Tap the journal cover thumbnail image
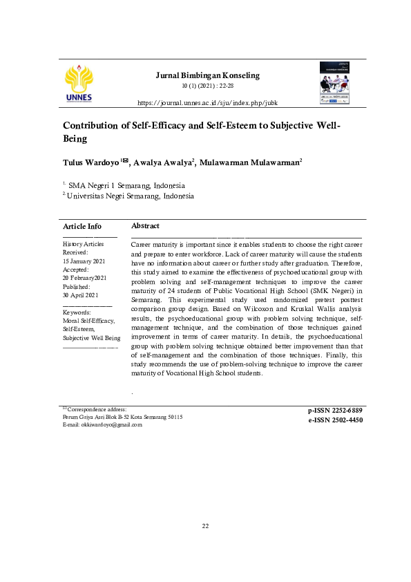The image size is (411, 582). coord(335,83)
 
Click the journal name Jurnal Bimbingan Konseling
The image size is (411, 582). coord(207,75)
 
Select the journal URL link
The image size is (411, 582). coord(207,103)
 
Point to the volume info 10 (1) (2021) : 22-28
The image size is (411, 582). coord(207,86)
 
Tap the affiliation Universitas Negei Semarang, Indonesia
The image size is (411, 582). coord(130,196)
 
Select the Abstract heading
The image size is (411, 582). coord(145,226)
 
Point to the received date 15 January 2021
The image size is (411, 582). coord(84,261)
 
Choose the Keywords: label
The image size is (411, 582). coord(77,312)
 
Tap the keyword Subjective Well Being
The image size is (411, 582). coord(91,338)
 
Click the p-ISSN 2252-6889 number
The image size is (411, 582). coord(335,411)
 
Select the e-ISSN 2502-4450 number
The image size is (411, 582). coord(335,420)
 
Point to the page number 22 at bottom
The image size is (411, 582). coord(205,526)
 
